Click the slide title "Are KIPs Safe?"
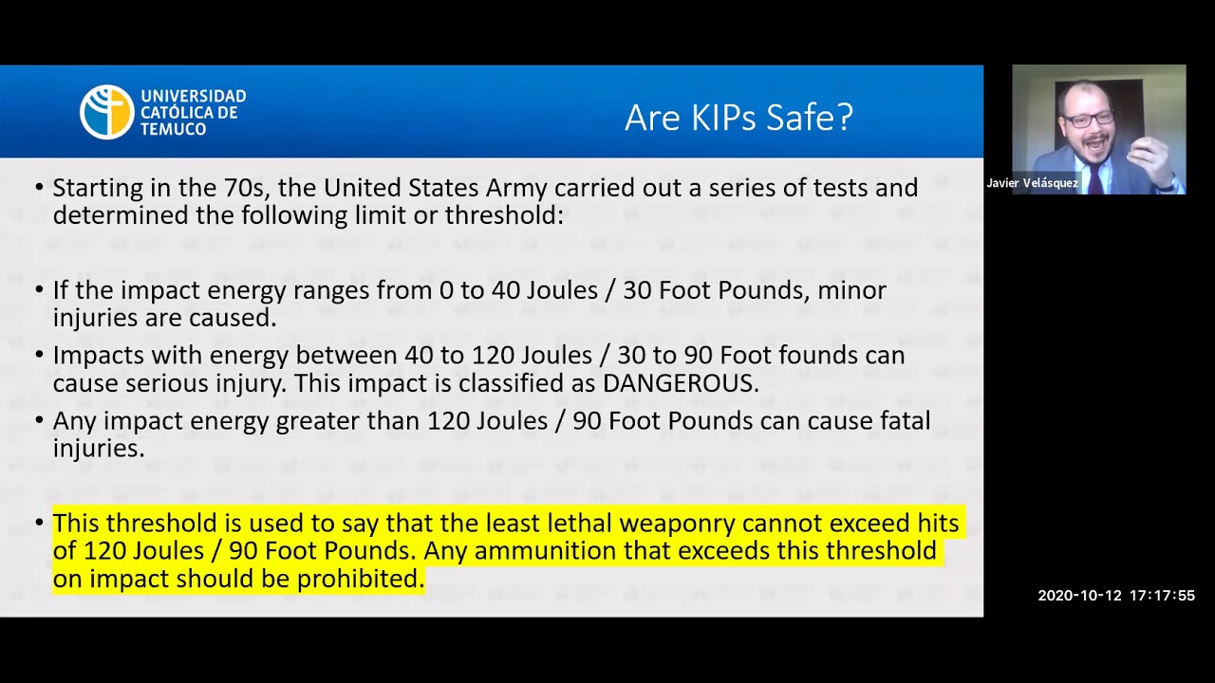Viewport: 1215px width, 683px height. (738, 118)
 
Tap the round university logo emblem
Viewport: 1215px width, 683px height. (106, 112)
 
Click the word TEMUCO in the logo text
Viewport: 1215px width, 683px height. (173, 129)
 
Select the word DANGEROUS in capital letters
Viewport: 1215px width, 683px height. (680, 383)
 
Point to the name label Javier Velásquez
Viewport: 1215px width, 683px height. (1032, 183)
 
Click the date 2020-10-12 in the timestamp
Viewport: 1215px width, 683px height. (1079, 596)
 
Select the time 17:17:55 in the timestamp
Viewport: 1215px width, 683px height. (1161, 596)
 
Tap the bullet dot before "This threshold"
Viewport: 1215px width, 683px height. (39, 523)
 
